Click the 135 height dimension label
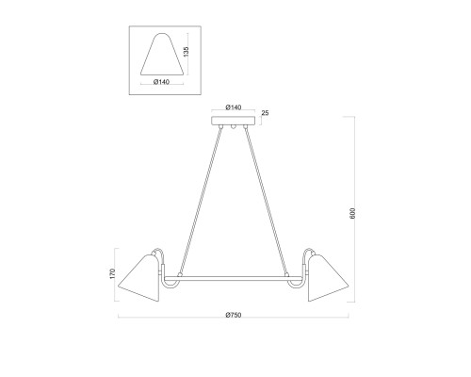[187, 52]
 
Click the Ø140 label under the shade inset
[162, 82]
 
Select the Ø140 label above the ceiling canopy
[234, 107]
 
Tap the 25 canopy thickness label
[266, 113]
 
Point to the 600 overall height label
[352, 213]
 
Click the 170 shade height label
[113, 273]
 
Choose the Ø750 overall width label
[234, 315]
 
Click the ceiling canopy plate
[233, 121]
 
